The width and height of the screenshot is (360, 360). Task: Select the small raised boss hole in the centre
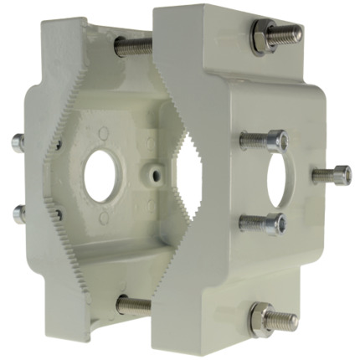[x=154, y=174]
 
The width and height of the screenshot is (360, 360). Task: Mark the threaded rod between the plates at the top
[x=134, y=46]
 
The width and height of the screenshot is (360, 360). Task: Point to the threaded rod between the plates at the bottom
[x=134, y=305]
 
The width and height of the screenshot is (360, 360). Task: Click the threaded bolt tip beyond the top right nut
[x=289, y=33]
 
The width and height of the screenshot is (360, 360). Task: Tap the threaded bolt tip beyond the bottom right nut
[x=285, y=319]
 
